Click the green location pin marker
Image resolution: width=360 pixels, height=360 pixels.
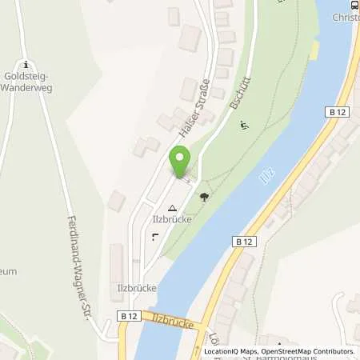180,162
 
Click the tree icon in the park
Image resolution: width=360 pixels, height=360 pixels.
205,197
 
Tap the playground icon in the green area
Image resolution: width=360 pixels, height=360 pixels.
243,124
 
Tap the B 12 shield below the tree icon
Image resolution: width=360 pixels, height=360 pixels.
242,240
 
